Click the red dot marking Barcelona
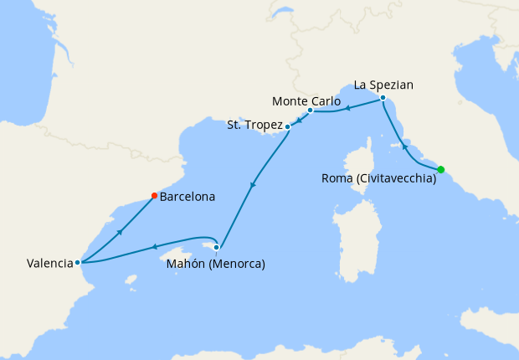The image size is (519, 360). [154, 196]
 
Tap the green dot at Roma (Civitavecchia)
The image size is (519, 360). [441, 170]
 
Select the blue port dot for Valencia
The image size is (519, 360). [78, 262]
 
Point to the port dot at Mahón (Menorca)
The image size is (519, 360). [217, 247]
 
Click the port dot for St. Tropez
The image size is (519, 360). [288, 126]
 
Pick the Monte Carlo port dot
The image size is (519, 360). [310, 111]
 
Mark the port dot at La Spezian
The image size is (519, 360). [383, 99]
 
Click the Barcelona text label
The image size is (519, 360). [188, 198]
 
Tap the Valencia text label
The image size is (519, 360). [49, 263]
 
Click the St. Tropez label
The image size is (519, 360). [255, 126]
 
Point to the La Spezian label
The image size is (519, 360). [384, 85]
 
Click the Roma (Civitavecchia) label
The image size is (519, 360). [379, 178]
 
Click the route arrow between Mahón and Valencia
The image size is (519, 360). [154, 246]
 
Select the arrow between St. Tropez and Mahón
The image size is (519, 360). [253, 184]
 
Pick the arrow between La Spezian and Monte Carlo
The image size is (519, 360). [347, 108]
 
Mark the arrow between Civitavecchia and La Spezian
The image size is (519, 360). [405, 147]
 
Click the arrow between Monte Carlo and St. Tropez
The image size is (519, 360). [299, 119]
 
